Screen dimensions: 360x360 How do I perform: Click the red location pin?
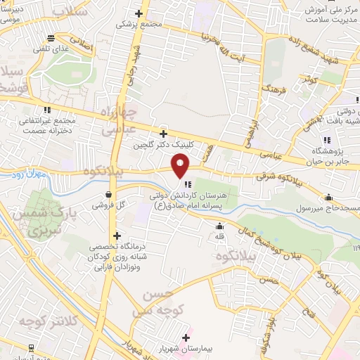tap(181, 165)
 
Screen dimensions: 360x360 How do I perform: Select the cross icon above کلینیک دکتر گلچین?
tap(163, 133)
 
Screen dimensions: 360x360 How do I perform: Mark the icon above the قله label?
tap(221, 226)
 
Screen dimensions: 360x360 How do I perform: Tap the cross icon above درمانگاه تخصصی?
tap(117, 236)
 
